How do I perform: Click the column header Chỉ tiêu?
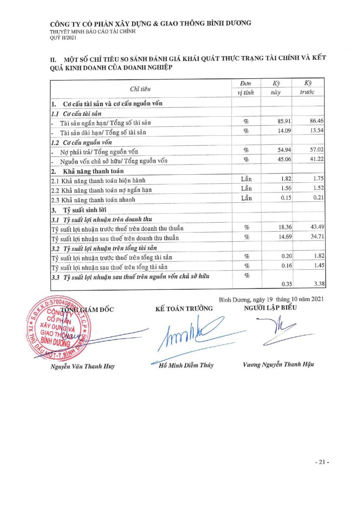[x=140, y=89]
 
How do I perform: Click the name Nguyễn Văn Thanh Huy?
[x=83, y=366]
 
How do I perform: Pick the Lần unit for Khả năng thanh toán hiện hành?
[x=246, y=179]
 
